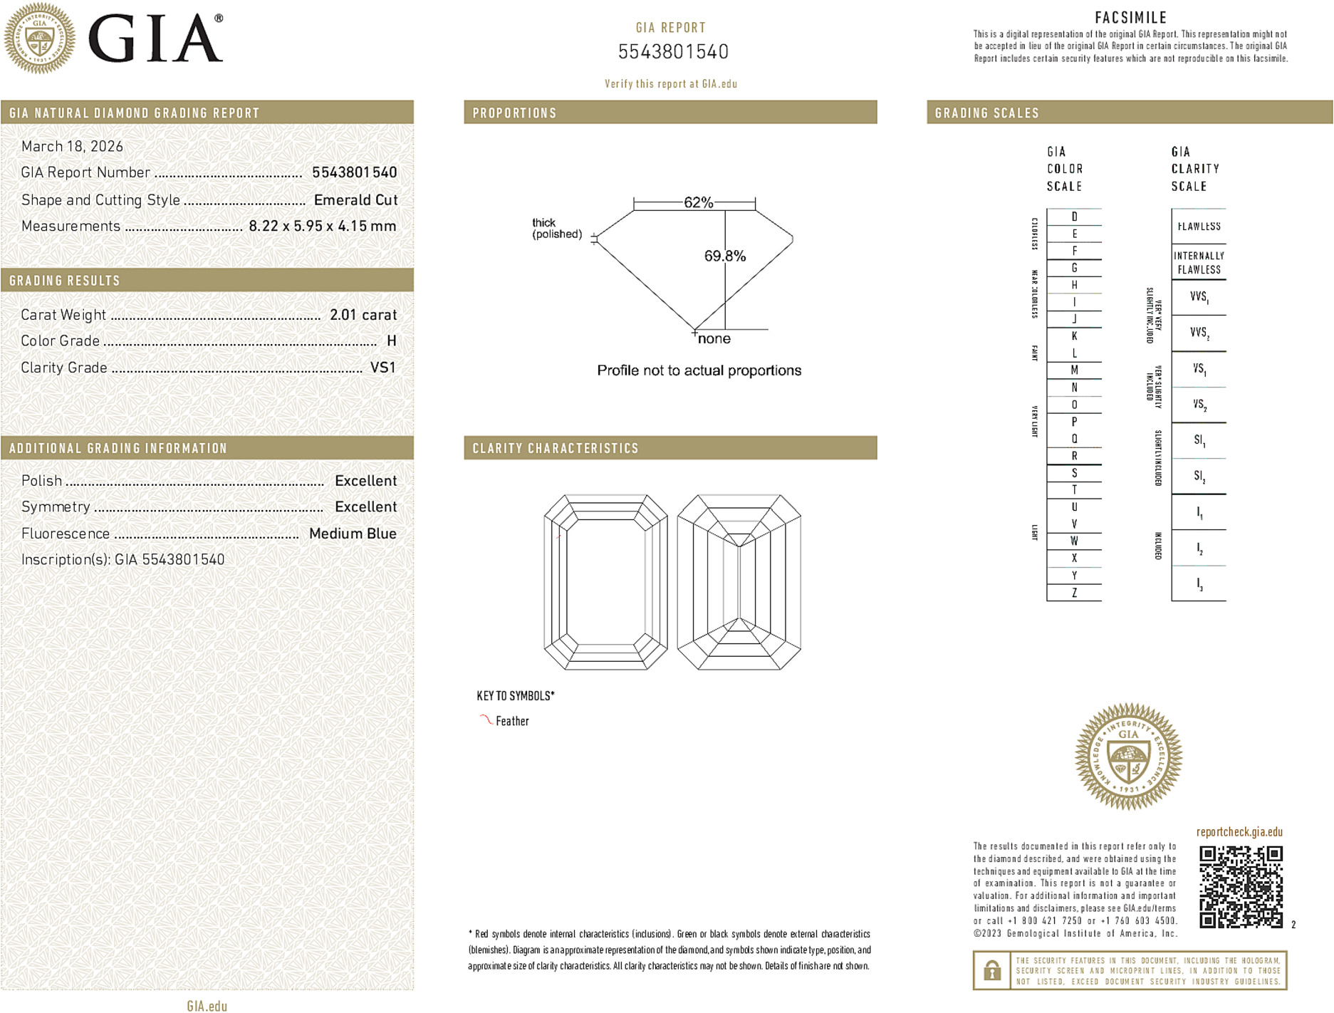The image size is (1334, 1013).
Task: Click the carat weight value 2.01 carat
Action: (x=363, y=315)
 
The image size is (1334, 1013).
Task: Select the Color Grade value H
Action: (x=391, y=341)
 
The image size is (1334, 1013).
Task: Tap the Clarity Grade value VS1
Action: (x=382, y=368)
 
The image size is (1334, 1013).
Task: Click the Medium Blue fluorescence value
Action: (x=353, y=534)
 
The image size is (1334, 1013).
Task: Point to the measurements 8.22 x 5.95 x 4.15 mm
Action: (x=322, y=227)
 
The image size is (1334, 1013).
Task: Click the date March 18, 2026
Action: (x=72, y=147)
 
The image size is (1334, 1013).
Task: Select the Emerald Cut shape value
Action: (x=355, y=200)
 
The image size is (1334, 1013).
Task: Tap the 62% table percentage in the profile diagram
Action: (x=698, y=202)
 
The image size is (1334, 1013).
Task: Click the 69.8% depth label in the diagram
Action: (x=724, y=256)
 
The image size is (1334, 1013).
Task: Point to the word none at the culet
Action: (x=714, y=339)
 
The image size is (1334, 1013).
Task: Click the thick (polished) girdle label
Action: (x=556, y=229)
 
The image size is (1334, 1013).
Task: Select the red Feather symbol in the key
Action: (x=486, y=720)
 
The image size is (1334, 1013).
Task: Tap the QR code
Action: (x=1240, y=886)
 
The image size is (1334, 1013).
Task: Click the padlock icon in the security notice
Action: (x=991, y=970)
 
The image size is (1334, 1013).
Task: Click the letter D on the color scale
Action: (x=1074, y=217)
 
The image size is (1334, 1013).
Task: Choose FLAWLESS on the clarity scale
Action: (x=1199, y=227)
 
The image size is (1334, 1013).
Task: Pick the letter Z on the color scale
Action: (x=1074, y=593)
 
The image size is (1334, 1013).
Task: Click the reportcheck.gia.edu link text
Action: (x=1239, y=832)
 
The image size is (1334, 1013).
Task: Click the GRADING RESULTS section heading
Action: (x=65, y=281)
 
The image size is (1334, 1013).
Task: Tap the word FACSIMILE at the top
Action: (x=1130, y=18)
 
